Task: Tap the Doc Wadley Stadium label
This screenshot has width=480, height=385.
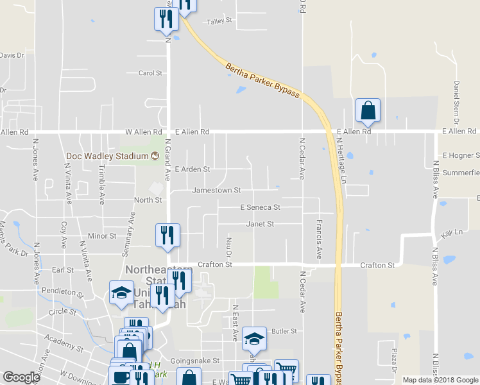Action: [107, 156]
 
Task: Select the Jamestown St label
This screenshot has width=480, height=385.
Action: [216, 191]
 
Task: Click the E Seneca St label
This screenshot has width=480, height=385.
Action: [260, 207]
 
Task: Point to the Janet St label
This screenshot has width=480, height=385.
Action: [260, 224]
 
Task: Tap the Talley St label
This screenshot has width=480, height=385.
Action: [219, 21]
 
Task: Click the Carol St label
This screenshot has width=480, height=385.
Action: [150, 73]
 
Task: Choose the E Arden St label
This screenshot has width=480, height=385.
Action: [192, 169]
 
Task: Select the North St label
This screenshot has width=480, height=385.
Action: [148, 200]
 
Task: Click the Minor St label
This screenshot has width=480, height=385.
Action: [102, 236]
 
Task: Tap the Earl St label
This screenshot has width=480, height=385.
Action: [64, 270]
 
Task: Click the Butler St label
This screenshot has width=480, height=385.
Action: [284, 331]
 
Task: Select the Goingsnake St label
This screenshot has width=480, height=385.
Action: [195, 361]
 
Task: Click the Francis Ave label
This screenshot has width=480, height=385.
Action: [319, 239]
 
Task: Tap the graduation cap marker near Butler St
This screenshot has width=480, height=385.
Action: [255, 340]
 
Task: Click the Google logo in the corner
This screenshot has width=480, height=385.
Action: [22, 377]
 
